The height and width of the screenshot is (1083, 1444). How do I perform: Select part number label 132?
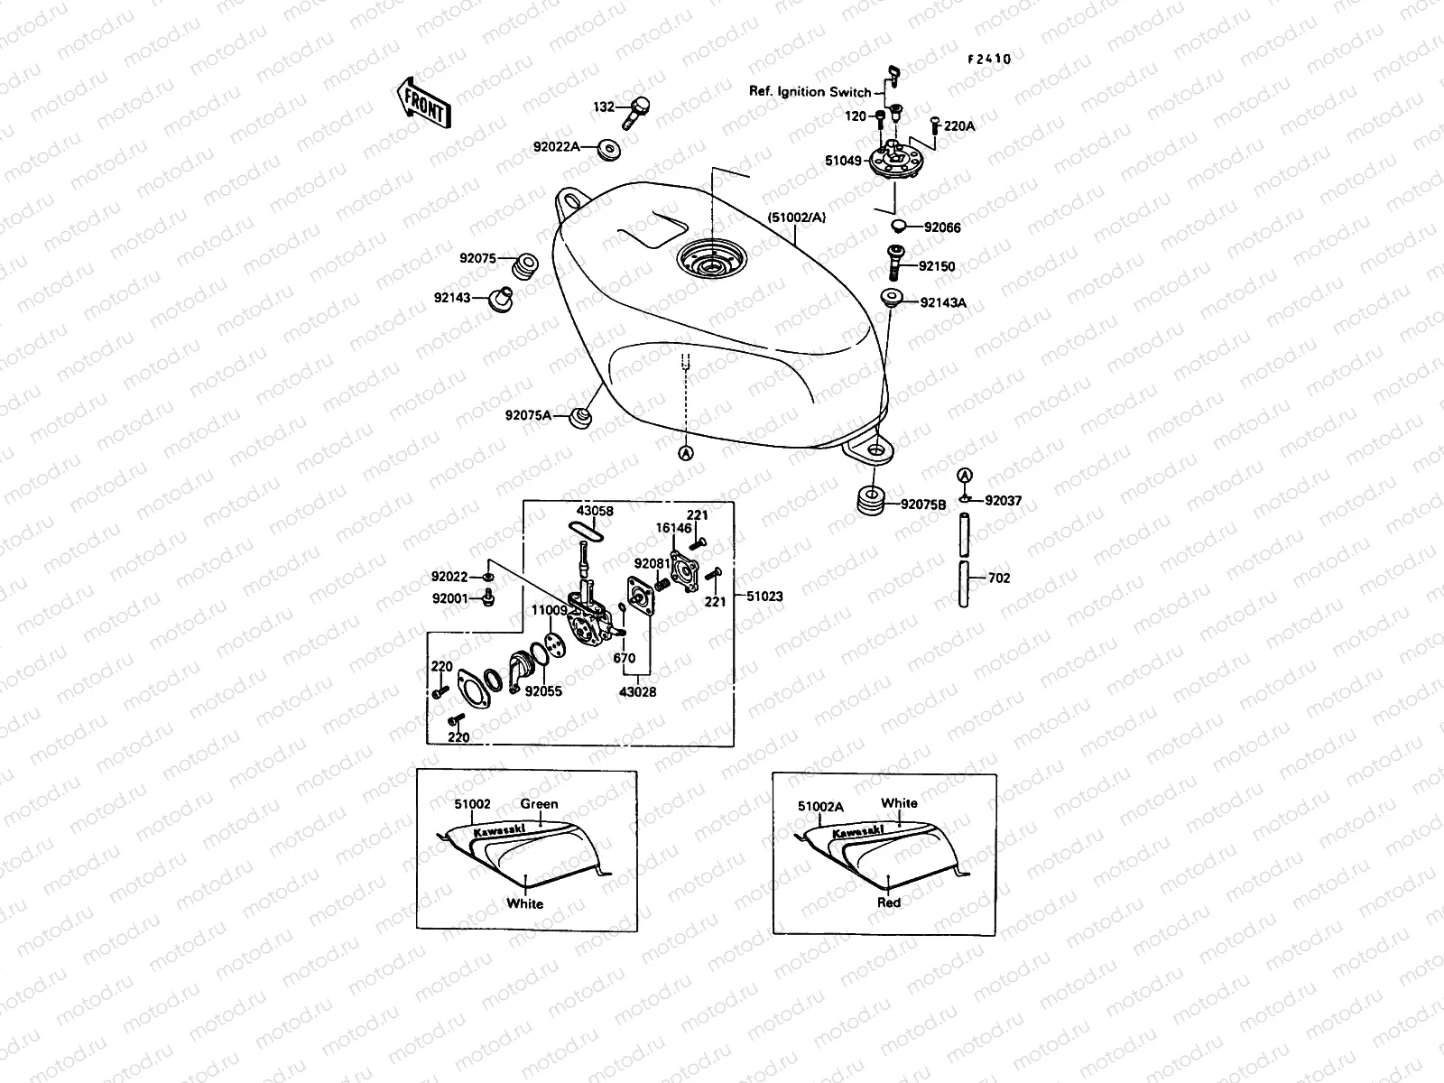coord(603,107)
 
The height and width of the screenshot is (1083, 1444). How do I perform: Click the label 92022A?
coord(556,146)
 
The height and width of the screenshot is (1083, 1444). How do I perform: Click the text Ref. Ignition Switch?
coord(810,92)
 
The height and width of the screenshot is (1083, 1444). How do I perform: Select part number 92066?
coord(942,227)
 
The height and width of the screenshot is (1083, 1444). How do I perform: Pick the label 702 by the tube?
coord(999,578)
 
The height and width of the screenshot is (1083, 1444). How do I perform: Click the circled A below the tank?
coord(686,453)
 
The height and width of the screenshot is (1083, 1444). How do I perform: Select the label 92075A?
coord(528,416)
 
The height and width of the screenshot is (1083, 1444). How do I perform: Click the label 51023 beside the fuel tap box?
coord(764,597)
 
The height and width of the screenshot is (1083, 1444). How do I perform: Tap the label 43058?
coord(595,511)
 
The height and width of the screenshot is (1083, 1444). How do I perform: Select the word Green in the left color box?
coord(539,803)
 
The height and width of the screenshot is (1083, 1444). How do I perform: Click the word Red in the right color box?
coord(889,902)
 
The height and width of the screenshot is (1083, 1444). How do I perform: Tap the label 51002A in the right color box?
coord(820,807)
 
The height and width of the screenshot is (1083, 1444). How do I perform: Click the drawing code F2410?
coord(989,59)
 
